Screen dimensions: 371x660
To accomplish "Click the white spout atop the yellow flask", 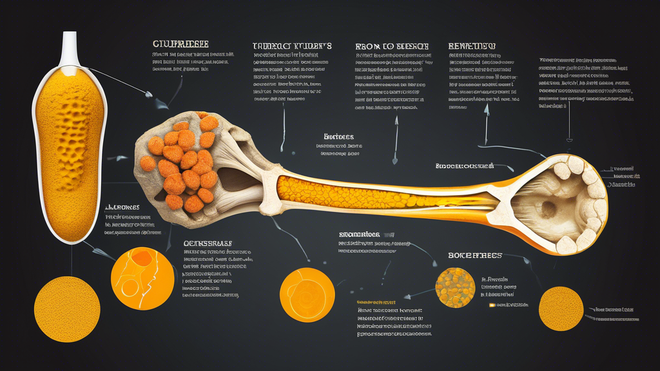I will (70, 49).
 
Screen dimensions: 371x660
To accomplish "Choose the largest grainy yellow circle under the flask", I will (67, 309).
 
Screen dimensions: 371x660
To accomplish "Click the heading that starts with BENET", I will (472, 47).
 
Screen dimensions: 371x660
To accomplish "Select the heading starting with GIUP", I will (180, 44).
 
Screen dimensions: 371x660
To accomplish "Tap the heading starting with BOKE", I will (474, 256).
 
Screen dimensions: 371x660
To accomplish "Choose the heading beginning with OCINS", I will (208, 244).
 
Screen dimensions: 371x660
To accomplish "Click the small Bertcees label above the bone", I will (339, 137).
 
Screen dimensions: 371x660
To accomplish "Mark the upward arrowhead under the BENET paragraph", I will (487, 111).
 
